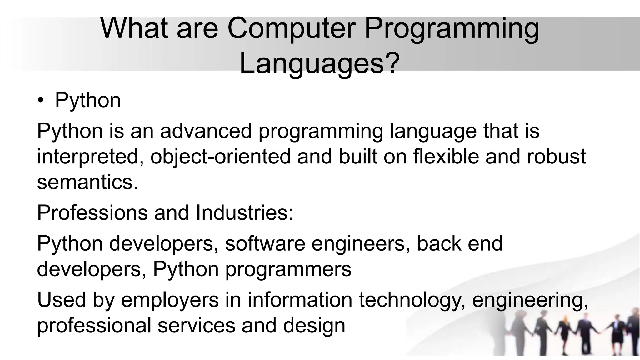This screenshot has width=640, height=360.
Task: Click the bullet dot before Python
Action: point(41,101)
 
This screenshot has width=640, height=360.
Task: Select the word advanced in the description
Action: point(206,131)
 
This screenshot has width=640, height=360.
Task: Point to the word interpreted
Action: point(88,157)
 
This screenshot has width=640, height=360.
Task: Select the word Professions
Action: point(92,213)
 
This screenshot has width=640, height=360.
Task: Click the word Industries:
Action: point(244,213)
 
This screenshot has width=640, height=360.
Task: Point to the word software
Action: point(265,244)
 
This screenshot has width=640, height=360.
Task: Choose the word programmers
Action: point(288,269)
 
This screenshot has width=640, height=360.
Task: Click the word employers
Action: point(170,300)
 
